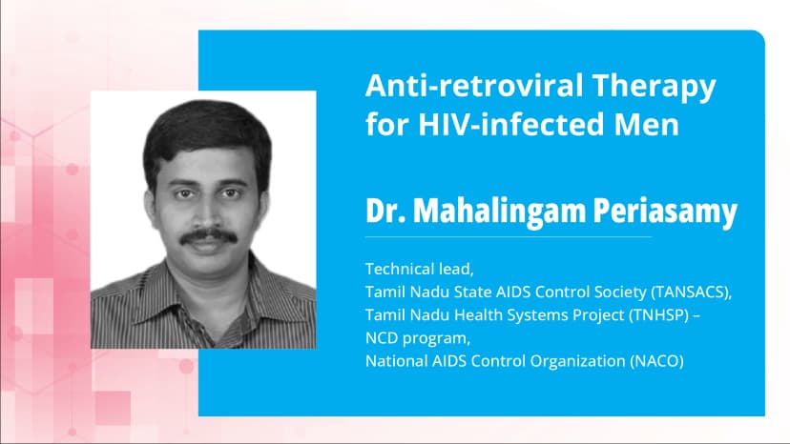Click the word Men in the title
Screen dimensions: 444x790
(x=647, y=126)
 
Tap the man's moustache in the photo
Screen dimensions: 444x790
(x=207, y=235)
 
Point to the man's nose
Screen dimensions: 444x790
(x=206, y=212)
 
